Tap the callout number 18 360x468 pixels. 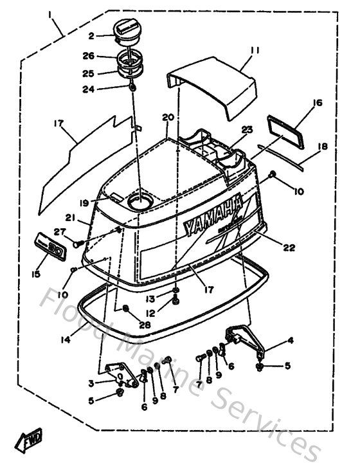coord(323,147)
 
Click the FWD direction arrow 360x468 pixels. coord(31,442)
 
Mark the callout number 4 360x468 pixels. coord(291,340)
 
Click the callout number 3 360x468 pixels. coord(92,383)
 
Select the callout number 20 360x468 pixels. coord(168,117)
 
